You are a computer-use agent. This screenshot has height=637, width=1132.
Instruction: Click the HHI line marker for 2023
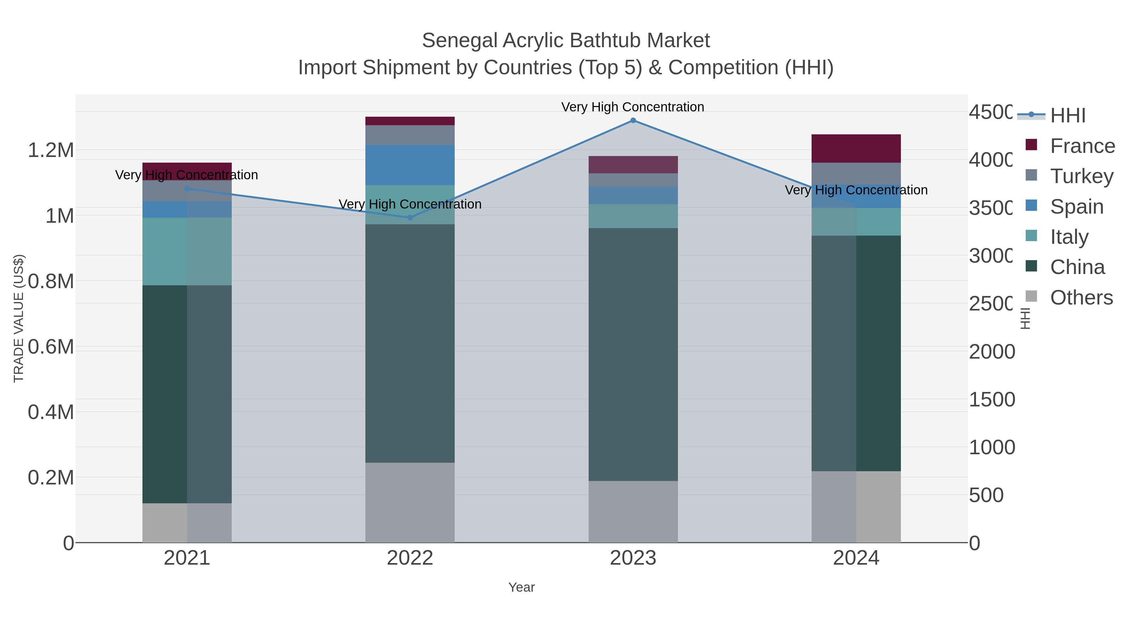(633, 120)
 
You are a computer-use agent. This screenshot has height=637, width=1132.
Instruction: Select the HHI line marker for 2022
(410, 218)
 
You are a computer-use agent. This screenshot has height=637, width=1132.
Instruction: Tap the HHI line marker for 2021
(187, 189)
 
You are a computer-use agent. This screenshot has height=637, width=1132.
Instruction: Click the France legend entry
(1082, 146)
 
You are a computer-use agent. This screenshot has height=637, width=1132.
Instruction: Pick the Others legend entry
(1081, 298)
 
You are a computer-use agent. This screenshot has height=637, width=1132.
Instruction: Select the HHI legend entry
(1068, 116)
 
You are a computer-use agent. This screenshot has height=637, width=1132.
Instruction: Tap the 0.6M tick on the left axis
(51, 347)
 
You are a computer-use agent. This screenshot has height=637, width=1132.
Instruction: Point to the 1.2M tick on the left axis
(51, 150)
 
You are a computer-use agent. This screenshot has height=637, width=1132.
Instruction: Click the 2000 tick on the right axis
(991, 352)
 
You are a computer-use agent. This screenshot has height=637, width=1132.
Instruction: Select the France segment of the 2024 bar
(856, 148)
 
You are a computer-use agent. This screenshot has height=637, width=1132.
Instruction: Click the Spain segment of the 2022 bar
(410, 165)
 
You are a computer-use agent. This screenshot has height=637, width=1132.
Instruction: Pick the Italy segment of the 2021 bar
(187, 251)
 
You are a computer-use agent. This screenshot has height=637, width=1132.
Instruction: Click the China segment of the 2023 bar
(633, 354)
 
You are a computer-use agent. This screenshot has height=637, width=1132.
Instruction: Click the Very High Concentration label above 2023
(632, 107)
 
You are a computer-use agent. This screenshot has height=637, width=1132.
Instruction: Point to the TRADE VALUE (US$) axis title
(19, 318)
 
